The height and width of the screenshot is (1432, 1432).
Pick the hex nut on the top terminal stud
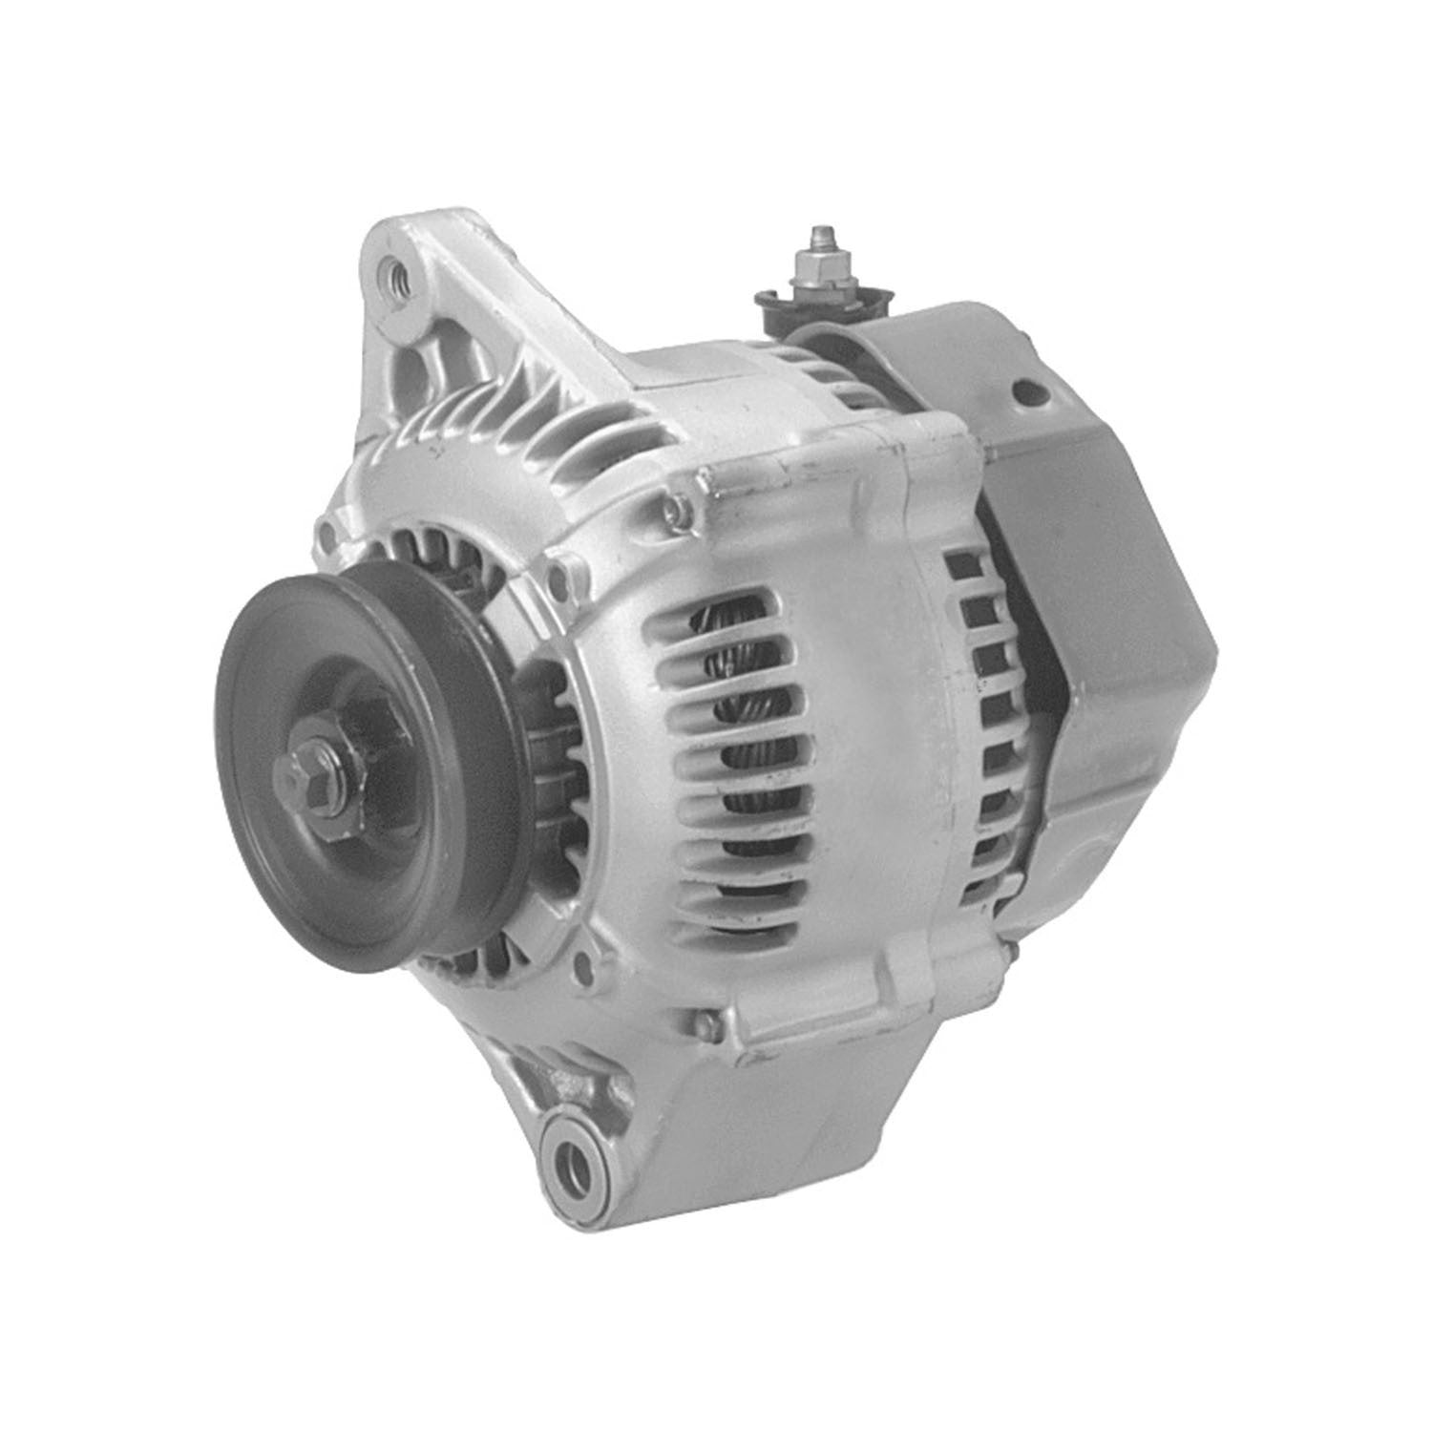(819, 258)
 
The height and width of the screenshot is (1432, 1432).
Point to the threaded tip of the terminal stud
(818, 234)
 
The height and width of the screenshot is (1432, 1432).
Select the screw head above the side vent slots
(678, 512)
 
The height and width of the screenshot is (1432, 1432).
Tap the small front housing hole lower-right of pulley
(582, 966)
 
